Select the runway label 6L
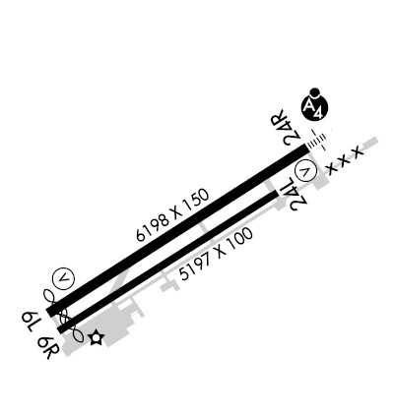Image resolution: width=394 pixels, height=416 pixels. pyautogui.click(x=30, y=322)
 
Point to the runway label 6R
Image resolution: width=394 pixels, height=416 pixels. pyautogui.click(x=48, y=347)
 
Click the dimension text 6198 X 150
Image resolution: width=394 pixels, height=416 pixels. pyautogui.click(x=172, y=215)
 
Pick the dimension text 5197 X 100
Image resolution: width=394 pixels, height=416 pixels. pyautogui.click(x=217, y=254)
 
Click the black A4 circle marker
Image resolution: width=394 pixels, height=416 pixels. pyautogui.click(x=315, y=107)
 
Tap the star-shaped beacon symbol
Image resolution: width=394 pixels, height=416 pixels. pyautogui.click(x=98, y=337)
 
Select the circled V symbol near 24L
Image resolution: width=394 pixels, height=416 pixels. pyautogui.click(x=306, y=171)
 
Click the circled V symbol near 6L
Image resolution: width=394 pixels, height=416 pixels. pyautogui.click(x=63, y=278)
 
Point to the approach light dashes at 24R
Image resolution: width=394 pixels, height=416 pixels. pyautogui.click(x=316, y=141)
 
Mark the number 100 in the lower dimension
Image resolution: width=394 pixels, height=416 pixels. pyautogui.click(x=241, y=239)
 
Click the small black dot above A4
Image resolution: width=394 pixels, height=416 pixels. pyautogui.click(x=314, y=92)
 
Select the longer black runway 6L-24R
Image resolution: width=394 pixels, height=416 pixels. pyautogui.click(x=177, y=230)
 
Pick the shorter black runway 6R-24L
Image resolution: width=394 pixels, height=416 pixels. pyautogui.click(x=168, y=262)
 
